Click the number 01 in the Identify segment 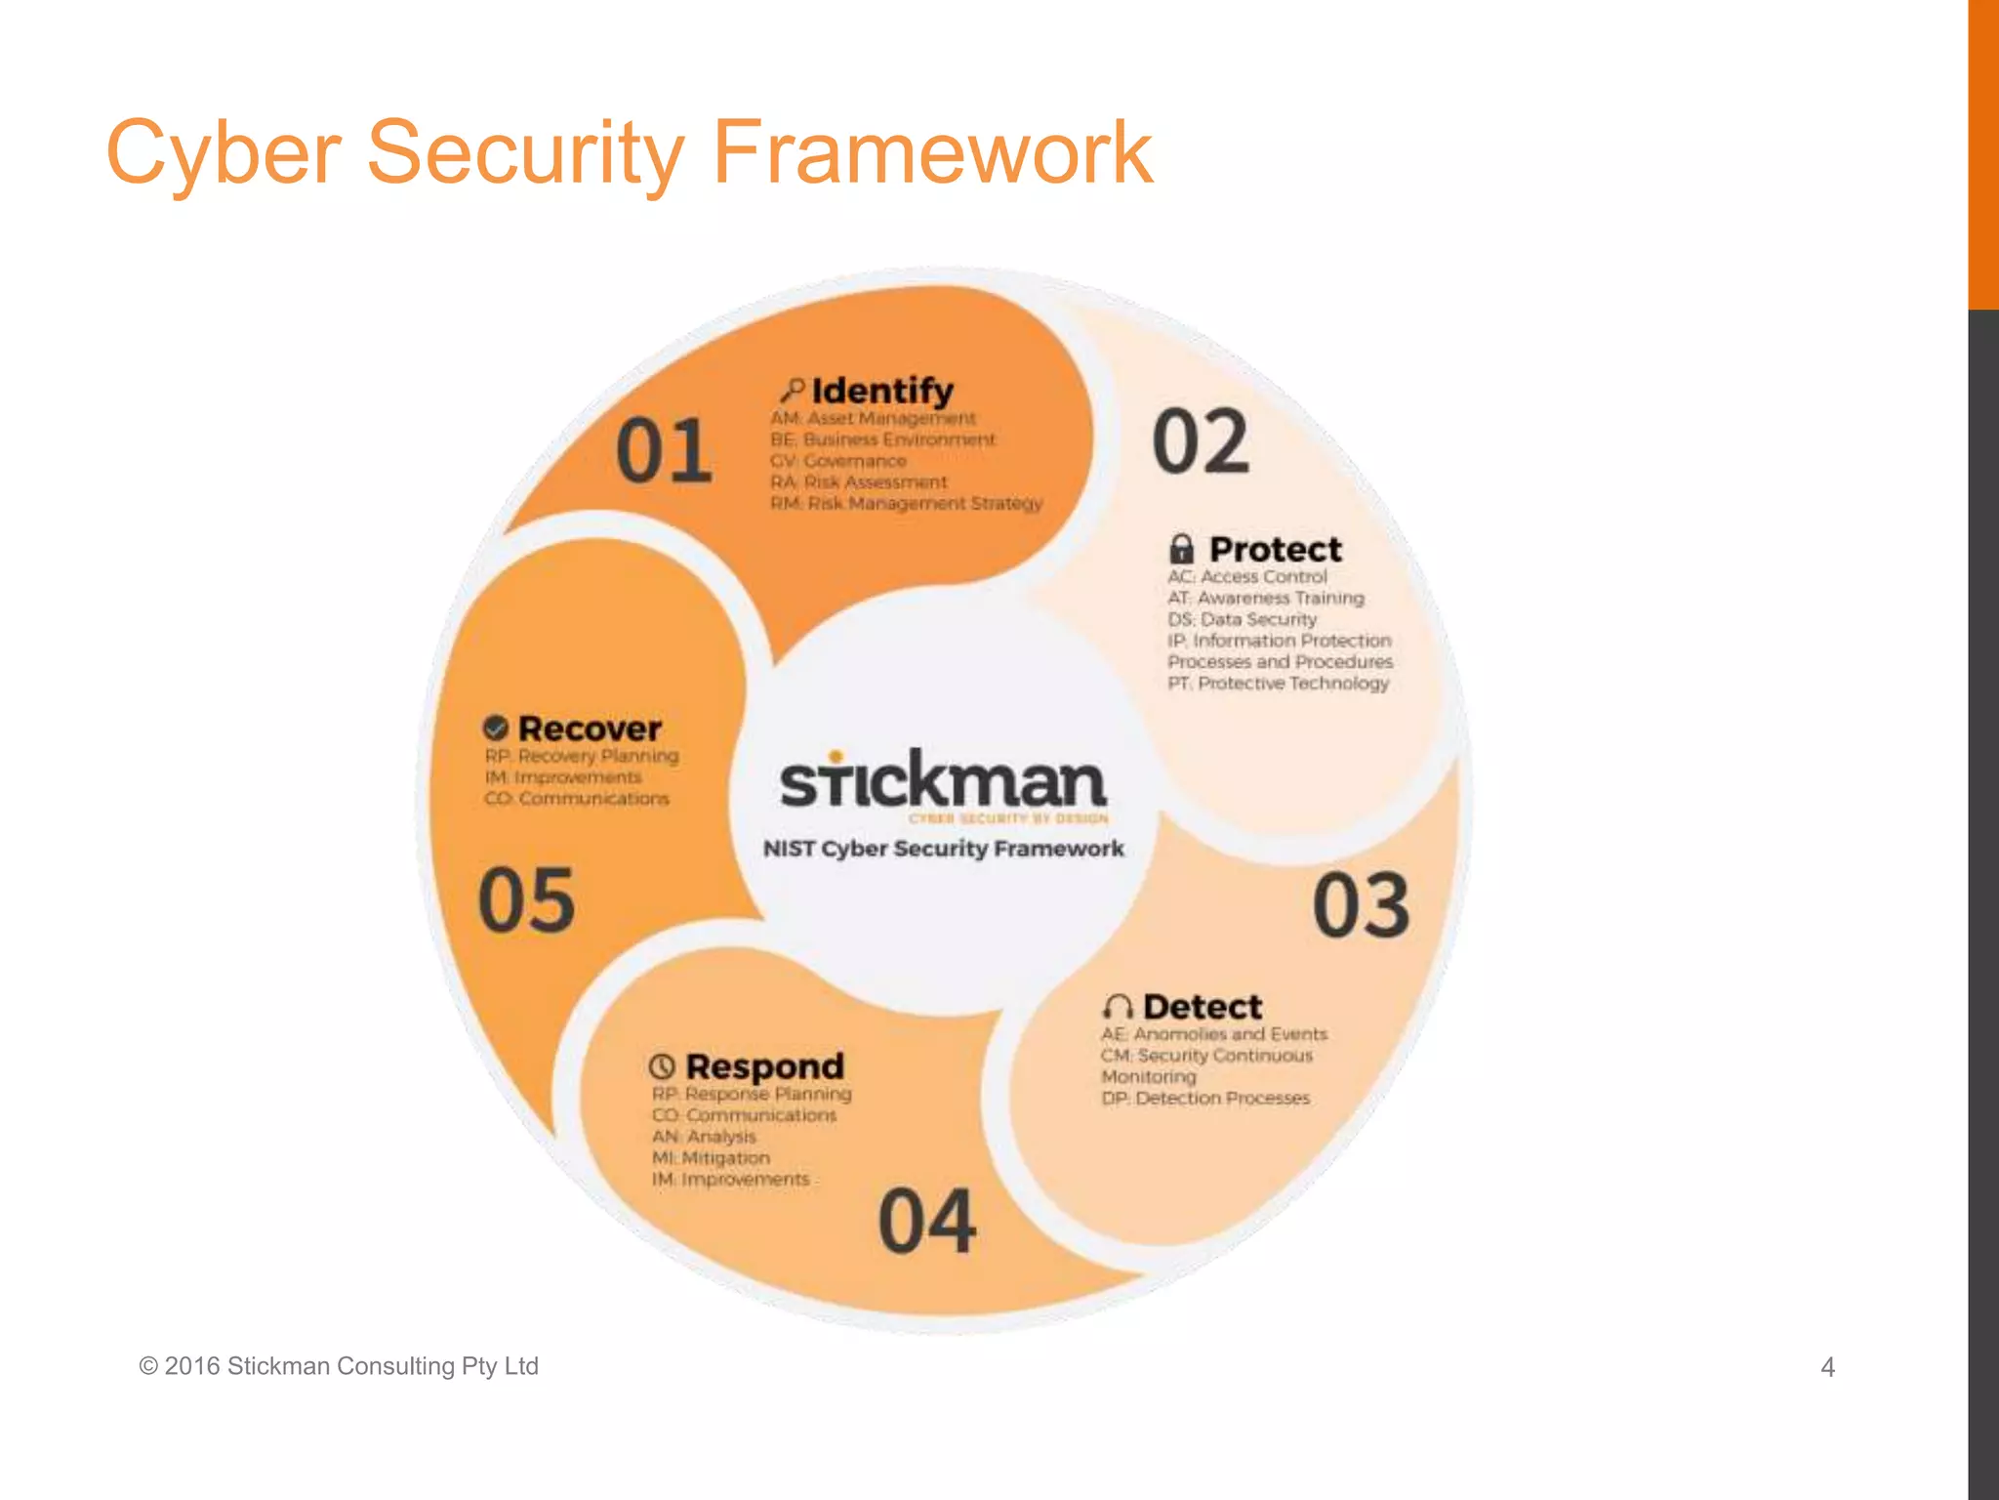coord(664,450)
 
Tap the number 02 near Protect coord(1201,441)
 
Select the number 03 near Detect coord(1361,906)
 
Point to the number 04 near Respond coord(926,1221)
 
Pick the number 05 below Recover coord(526,899)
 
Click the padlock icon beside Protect coord(1181,548)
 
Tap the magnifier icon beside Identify coord(792,391)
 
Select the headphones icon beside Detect coord(1118,1007)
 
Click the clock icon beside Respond coord(663,1065)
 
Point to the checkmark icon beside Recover coord(496,728)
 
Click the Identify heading coord(882,391)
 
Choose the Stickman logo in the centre coord(943,781)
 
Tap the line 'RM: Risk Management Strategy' coord(906,504)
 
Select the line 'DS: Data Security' coord(1242,619)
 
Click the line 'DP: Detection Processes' coord(1205,1099)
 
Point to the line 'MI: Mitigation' coord(711,1158)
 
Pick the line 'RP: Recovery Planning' coord(582,756)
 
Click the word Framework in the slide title coord(933,152)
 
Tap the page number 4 coord(1827,1367)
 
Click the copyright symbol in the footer coord(148,1366)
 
